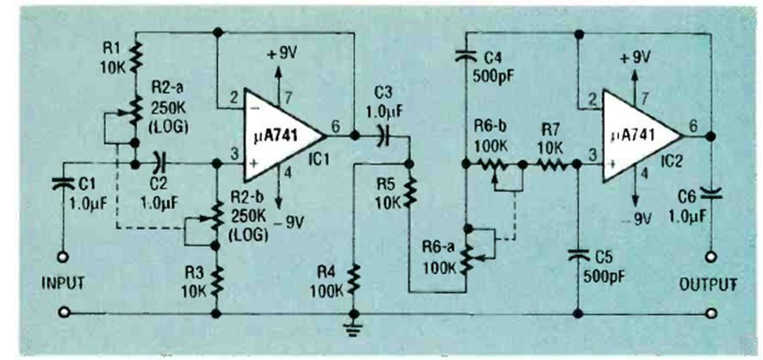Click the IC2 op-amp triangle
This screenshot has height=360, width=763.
638,135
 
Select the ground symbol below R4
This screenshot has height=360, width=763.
353,325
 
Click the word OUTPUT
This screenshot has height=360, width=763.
710,281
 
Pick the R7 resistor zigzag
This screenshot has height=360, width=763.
551,163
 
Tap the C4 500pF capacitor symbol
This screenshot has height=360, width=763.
466,56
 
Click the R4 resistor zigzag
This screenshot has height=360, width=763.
353,278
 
